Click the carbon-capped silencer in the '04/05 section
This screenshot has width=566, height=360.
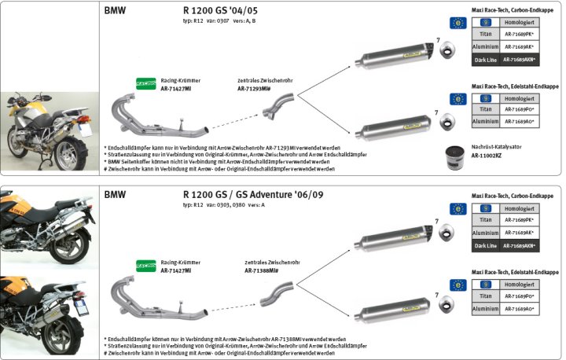click(x=393, y=59)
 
